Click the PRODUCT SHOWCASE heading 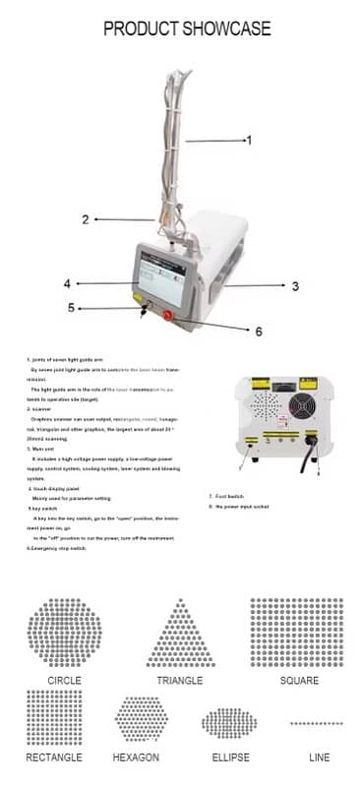tap(187, 29)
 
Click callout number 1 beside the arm tap(248, 141)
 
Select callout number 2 tap(86, 219)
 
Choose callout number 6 tap(259, 332)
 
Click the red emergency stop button tap(168, 316)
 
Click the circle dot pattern tap(64, 633)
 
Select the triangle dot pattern tap(180, 634)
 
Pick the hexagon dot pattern tap(142, 718)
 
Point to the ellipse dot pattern tap(228, 723)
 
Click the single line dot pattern tap(316, 723)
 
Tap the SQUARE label tap(298, 681)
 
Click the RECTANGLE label tap(55, 757)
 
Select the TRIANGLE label tap(179, 681)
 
